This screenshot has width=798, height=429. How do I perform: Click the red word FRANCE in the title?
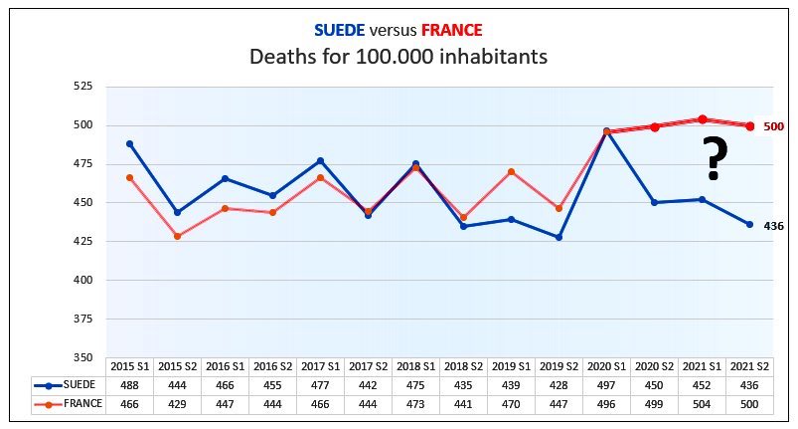click(447, 29)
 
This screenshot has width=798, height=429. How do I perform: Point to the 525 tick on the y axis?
click(82, 87)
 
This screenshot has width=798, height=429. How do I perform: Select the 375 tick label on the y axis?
click(82, 320)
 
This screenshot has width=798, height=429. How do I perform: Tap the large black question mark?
click(713, 158)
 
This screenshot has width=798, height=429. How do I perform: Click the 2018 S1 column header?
click(415, 366)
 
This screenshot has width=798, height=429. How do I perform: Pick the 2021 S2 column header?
click(749, 366)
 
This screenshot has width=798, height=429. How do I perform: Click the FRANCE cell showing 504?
click(702, 404)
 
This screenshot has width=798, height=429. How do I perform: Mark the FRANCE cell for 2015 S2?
click(177, 404)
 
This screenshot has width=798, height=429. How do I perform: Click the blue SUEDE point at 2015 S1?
click(129, 143)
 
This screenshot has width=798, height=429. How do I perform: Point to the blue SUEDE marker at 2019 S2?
click(559, 237)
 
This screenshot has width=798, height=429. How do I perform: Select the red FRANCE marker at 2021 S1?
click(702, 118)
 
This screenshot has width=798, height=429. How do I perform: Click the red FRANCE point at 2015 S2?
click(177, 236)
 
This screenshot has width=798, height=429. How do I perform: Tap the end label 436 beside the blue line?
click(774, 226)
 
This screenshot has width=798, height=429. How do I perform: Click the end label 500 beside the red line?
click(774, 126)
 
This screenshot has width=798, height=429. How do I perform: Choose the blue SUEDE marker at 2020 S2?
click(654, 202)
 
